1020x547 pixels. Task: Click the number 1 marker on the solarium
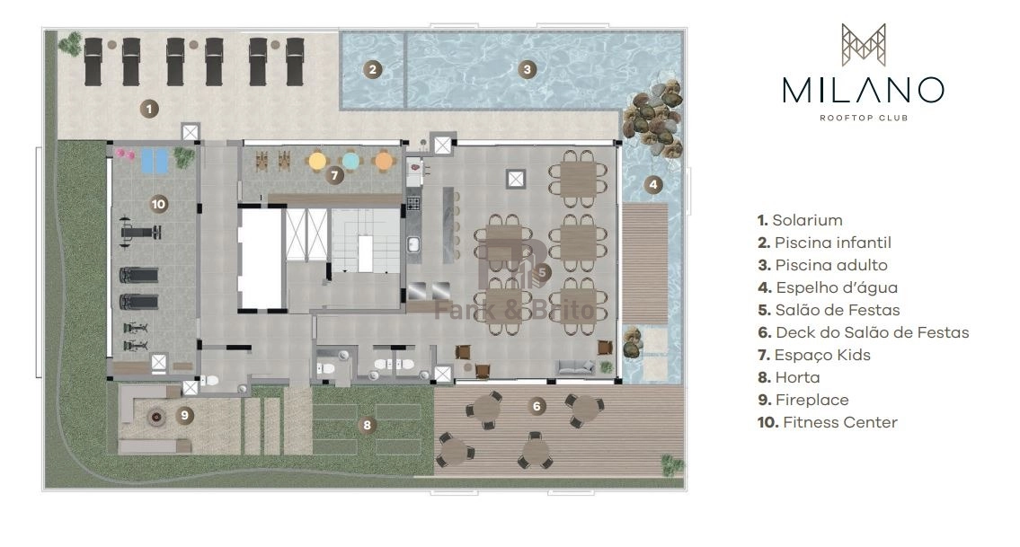(149, 109)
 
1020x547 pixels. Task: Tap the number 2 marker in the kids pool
(372, 69)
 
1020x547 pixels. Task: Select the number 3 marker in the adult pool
(527, 69)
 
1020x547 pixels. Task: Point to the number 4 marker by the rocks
(653, 185)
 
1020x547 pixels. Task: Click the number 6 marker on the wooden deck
(537, 407)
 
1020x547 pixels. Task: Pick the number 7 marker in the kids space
(334, 175)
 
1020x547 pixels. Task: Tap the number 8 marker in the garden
(367, 426)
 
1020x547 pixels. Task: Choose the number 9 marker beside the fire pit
(185, 415)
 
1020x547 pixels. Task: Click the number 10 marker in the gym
(158, 204)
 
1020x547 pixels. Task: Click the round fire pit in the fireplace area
(155, 416)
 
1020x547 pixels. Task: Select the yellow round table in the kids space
(317, 161)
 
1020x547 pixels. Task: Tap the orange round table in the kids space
(384, 161)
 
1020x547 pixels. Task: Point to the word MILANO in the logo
(864, 91)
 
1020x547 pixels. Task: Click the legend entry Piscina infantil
(824, 243)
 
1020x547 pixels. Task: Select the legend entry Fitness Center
(828, 422)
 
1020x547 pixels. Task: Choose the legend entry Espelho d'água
(828, 287)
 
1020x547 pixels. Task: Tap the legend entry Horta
(788, 377)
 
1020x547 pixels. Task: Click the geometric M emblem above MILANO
(864, 45)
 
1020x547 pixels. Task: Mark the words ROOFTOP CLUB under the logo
(864, 118)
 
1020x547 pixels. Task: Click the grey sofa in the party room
(575, 367)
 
